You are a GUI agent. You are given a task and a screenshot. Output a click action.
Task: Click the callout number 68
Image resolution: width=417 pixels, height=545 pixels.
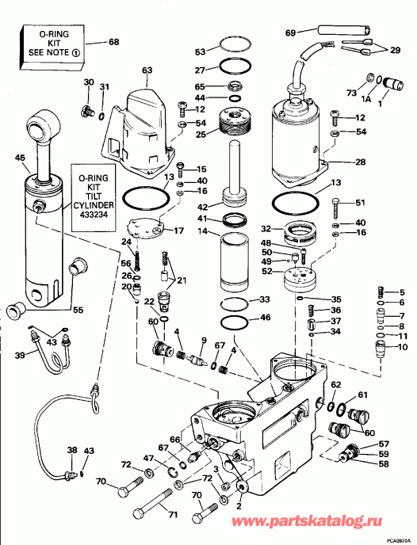point(113,42)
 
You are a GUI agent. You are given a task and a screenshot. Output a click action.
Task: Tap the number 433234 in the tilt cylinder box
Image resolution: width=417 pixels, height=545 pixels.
point(93,215)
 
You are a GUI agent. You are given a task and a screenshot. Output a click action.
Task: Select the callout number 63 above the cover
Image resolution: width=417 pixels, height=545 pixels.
point(147,71)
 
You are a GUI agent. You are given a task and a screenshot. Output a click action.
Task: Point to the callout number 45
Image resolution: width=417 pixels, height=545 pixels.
point(20,158)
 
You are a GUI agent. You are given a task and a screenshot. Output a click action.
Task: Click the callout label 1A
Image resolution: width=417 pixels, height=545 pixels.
point(366,99)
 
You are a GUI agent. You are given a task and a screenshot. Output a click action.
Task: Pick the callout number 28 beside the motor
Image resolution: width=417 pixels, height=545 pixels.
point(360,162)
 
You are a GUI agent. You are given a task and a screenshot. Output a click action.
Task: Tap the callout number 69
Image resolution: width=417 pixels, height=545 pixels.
point(290,32)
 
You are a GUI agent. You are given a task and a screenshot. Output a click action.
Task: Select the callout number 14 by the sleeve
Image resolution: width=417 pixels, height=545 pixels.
point(202,231)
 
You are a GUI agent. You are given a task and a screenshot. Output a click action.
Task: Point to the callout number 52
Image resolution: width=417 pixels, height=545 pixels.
point(267,272)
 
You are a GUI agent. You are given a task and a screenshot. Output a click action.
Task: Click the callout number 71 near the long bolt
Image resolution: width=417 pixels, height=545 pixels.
point(173,514)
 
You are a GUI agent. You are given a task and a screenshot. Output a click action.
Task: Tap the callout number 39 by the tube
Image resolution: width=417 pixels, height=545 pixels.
point(20,356)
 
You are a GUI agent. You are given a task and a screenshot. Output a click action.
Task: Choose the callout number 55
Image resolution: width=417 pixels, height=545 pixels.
point(78,310)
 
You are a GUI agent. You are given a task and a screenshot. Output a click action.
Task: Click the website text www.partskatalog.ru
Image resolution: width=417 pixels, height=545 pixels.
point(307,520)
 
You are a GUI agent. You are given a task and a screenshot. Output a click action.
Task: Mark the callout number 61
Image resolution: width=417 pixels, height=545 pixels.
point(362,394)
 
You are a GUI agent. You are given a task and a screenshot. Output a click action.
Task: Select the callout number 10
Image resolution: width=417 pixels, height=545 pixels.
point(402,346)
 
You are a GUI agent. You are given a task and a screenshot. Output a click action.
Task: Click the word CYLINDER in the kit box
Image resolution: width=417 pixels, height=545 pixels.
point(94,205)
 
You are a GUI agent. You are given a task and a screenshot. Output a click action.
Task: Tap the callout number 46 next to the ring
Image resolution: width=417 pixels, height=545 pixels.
point(266,318)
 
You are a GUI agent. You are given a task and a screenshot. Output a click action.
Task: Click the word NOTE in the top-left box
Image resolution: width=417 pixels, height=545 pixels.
point(59,52)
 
